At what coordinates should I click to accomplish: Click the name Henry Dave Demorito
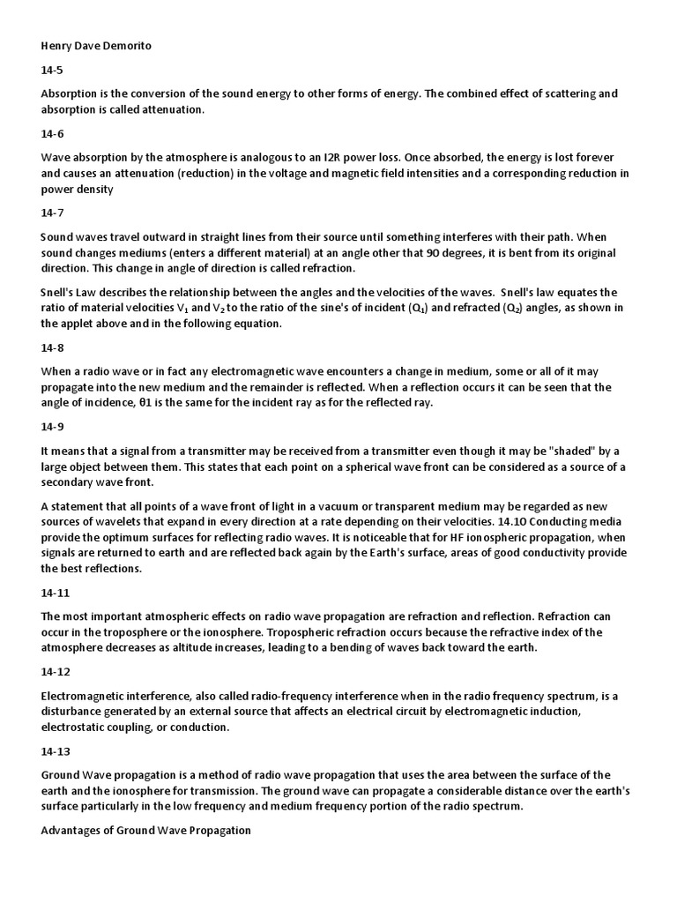96,46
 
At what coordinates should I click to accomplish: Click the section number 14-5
52,71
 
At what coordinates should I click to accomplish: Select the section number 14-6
52,134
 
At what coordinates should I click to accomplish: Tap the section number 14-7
52,213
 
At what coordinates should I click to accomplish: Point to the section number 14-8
52,347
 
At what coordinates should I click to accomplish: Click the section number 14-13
55,751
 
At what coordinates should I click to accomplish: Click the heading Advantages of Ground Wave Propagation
145,830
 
